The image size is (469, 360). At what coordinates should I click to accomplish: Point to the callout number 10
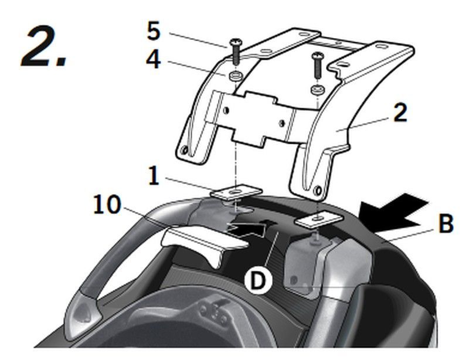tap(107, 205)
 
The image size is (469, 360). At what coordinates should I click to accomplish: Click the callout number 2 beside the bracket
tap(400, 113)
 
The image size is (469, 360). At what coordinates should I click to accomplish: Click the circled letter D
tap(258, 281)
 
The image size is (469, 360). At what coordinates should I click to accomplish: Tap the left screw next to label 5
tap(235, 51)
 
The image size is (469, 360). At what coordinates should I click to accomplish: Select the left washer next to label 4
tap(235, 76)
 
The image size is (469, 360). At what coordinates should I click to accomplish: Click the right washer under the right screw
tap(317, 90)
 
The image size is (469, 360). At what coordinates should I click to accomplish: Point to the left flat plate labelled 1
tap(236, 192)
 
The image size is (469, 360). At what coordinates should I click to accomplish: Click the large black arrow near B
tap(394, 212)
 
